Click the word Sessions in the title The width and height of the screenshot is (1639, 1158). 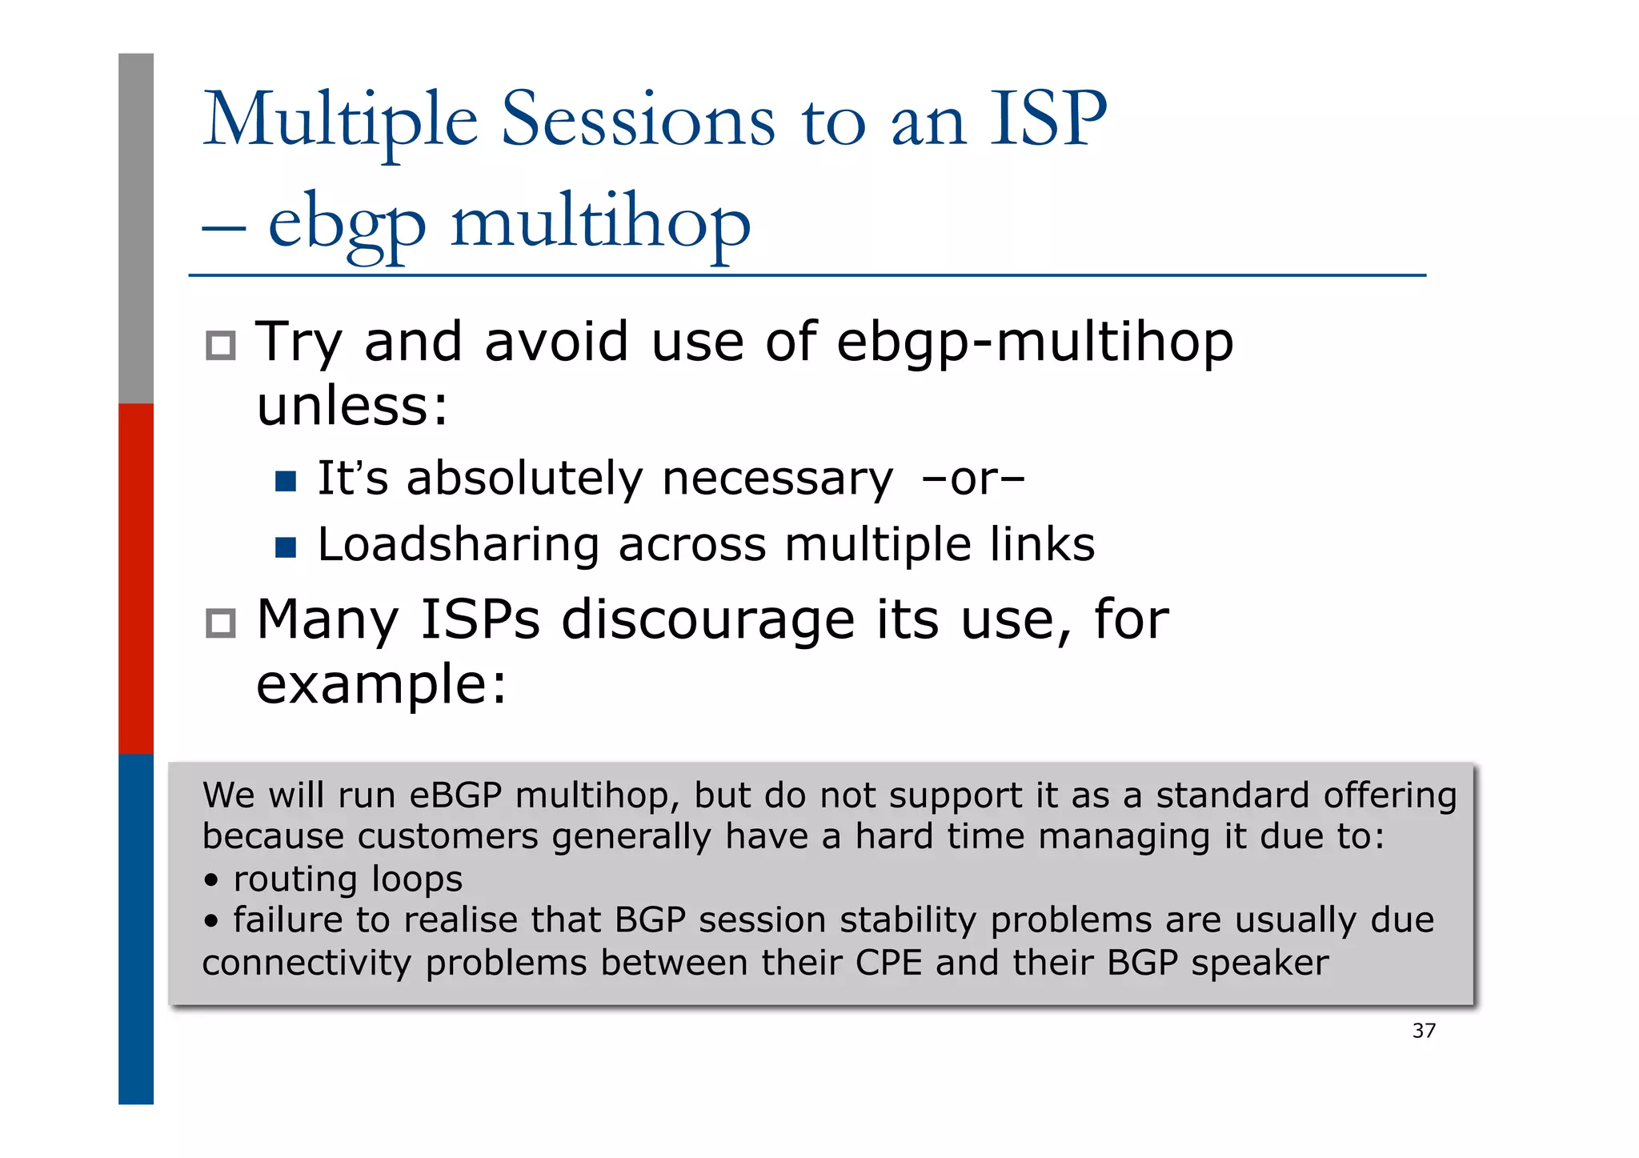click(x=638, y=120)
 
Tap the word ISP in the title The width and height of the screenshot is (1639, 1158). click(x=1048, y=120)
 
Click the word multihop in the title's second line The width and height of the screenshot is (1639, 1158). click(x=600, y=222)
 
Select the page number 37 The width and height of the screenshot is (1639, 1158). click(x=1424, y=1031)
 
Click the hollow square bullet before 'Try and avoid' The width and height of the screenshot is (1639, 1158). click(x=221, y=346)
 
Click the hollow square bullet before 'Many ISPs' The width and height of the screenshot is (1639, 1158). click(x=221, y=623)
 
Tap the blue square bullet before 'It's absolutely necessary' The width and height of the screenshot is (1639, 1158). click(x=286, y=481)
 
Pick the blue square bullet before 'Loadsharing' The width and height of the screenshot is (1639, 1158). click(x=286, y=547)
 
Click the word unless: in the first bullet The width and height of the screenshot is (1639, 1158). click(x=352, y=406)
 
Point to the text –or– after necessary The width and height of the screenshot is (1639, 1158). click(x=972, y=479)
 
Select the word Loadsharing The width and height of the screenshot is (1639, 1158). click(x=458, y=545)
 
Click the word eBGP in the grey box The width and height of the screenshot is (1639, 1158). click(x=455, y=795)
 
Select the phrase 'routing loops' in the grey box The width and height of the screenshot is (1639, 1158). click(x=347, y=879)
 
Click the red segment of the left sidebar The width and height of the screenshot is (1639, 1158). click(x=136, y=579)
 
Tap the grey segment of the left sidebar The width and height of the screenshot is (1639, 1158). click(x=136, y=228)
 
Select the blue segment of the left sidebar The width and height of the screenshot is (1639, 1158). click(x=136, y=928)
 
